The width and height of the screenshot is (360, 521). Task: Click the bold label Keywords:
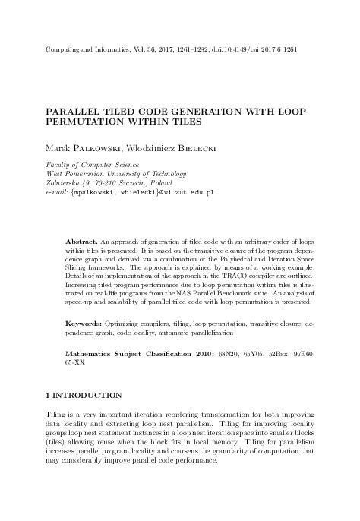point(87,345)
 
